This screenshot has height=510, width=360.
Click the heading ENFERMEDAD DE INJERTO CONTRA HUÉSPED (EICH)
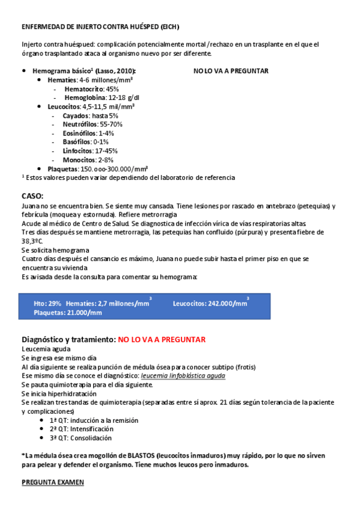(x=100, y=27)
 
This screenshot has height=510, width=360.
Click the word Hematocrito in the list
(x=84, y=88)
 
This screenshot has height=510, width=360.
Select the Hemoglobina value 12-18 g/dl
(x=123, y=97)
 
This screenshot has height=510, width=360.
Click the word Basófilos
(x=77, y=142)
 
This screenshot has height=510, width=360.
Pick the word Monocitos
(x=79, y=160)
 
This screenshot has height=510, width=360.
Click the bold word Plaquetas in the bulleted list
(x=63, y=169)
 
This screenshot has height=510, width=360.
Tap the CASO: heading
(x=32, y=196)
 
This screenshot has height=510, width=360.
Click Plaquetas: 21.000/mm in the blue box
(x=68, y=313)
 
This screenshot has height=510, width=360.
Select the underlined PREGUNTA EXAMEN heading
(x=53, y=482)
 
